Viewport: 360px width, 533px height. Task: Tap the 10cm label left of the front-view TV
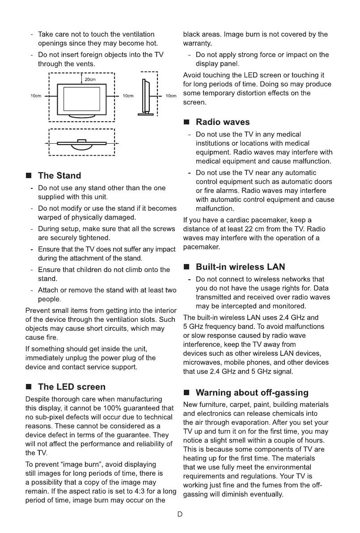coord(36,96)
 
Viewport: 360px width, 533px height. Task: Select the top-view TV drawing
coord(82,143)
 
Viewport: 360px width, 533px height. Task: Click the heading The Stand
coord(59,175)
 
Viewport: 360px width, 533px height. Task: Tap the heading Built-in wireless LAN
coord(240,267)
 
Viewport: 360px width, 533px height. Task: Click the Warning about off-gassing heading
coord(252,393)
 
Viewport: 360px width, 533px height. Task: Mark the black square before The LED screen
coord(30,387)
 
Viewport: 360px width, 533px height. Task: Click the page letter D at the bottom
coord(180,514)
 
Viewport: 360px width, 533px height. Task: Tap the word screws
coord(164,229)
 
